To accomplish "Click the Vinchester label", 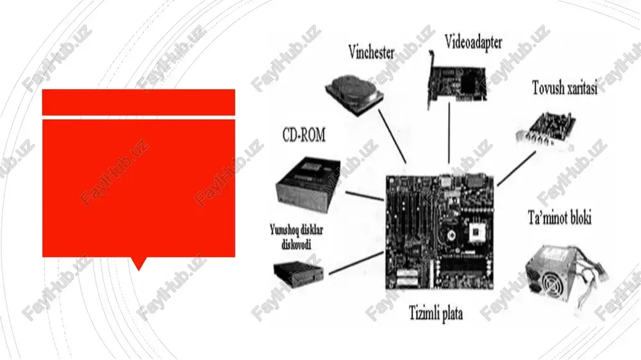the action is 371,53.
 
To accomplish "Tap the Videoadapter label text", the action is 473,42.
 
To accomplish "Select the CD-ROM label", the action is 304,135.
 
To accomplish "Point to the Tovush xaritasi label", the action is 565,88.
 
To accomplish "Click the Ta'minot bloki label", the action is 559,218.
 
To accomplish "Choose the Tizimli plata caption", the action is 436,313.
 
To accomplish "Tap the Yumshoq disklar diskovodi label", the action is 296,236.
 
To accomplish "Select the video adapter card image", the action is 457,80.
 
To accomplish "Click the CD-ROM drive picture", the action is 309,181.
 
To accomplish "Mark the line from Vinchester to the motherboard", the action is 392,136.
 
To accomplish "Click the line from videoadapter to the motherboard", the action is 449,133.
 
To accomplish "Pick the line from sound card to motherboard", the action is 516,168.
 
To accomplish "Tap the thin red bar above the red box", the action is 138,102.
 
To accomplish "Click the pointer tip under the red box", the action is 138,270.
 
